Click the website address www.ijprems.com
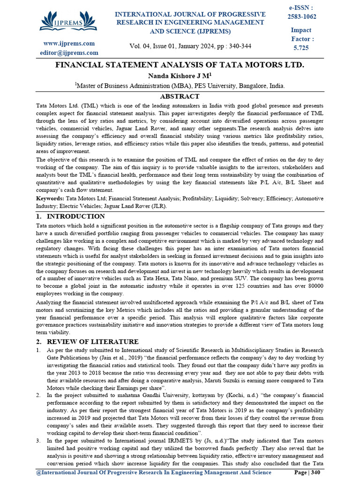coord(69,44)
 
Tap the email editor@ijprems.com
coord(69,53)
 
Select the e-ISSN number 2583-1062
coord(301,17)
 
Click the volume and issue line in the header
coord(190,46)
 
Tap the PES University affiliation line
coord(180,86)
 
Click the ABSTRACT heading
coord(180,96)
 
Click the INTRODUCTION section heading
coord(76,217)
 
